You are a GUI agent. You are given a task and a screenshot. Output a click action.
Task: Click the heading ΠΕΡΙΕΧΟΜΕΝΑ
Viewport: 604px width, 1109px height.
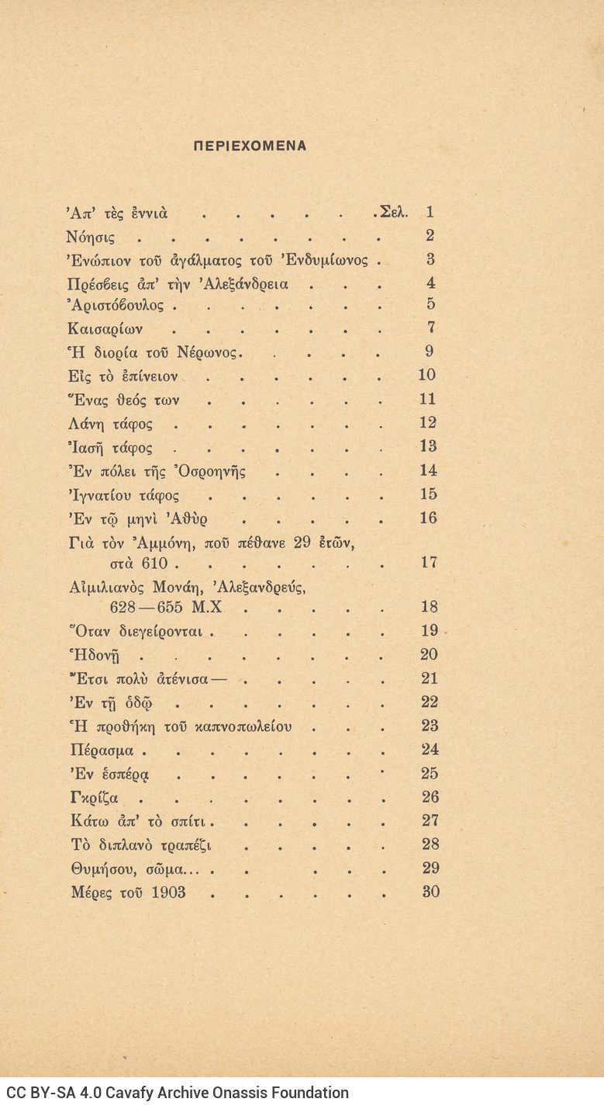pos(250,145)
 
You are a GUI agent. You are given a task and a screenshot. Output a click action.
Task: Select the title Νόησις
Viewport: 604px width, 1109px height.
pos(91,236)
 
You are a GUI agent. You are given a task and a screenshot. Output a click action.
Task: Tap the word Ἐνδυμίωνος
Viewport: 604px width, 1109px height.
pos(326,260)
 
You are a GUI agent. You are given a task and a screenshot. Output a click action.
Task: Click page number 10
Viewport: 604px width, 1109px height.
pos(426,375)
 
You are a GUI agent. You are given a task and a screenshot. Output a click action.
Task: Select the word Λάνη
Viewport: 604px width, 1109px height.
pos(84,424)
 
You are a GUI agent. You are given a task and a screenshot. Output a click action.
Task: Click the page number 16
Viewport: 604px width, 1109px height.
pos(429,518)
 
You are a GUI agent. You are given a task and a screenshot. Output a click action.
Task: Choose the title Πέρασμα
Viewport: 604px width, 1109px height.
pos(102,750)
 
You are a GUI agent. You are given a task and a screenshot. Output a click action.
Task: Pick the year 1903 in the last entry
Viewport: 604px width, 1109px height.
pos(168,892)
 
